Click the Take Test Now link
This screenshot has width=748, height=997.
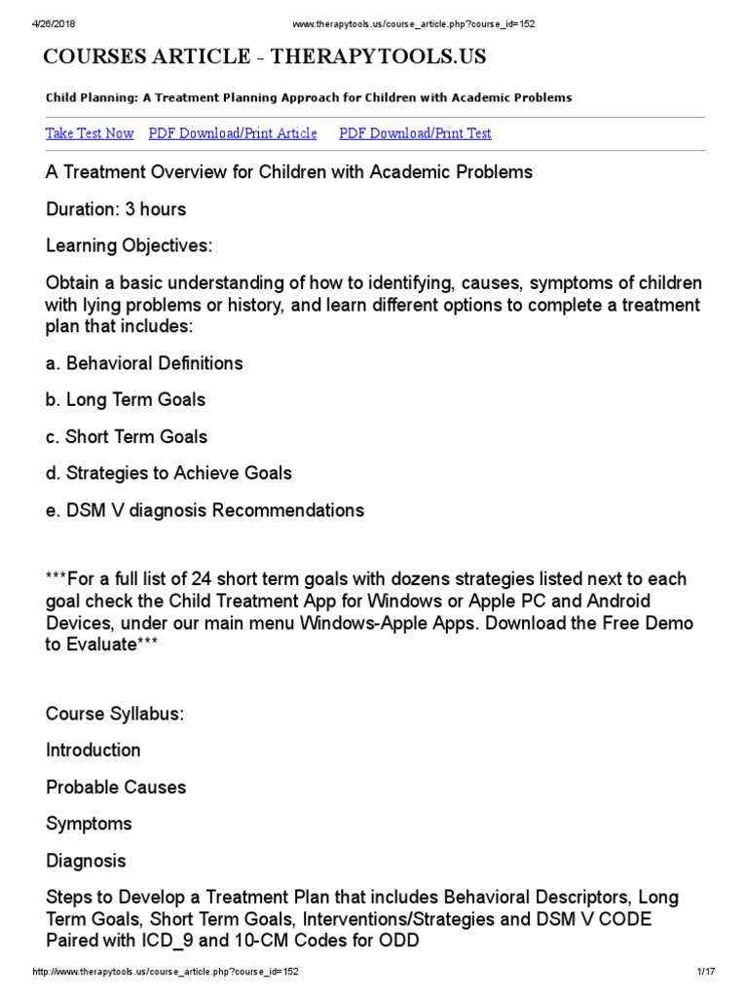(x=90, y=133)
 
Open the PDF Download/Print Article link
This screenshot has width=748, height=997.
(x=233, y=133)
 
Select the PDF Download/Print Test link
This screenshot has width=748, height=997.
(x=415, y=133)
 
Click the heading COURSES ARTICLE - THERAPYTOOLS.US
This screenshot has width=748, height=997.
(x=265, y=57)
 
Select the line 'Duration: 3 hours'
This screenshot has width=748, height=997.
(x=116, y=209)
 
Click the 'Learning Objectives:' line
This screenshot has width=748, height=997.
(x=129, y=245)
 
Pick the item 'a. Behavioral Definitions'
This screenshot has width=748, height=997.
(x=144, y=363)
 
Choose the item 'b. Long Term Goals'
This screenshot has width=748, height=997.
(x=126, y=400)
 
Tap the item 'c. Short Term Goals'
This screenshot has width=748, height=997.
(x=127, y=437)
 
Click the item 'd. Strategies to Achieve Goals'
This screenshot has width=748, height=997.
(x=168, y=473)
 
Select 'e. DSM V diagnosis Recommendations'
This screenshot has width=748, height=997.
(x=205, y=510)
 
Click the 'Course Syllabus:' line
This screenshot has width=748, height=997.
(x=115, y=714)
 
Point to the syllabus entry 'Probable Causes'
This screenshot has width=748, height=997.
(x=116, y=787)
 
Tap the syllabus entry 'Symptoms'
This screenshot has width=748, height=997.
(x=90, y=824)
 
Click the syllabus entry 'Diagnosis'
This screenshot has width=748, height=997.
(x=86, y=861)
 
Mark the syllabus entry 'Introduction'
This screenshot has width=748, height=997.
(x=93, y=751)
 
